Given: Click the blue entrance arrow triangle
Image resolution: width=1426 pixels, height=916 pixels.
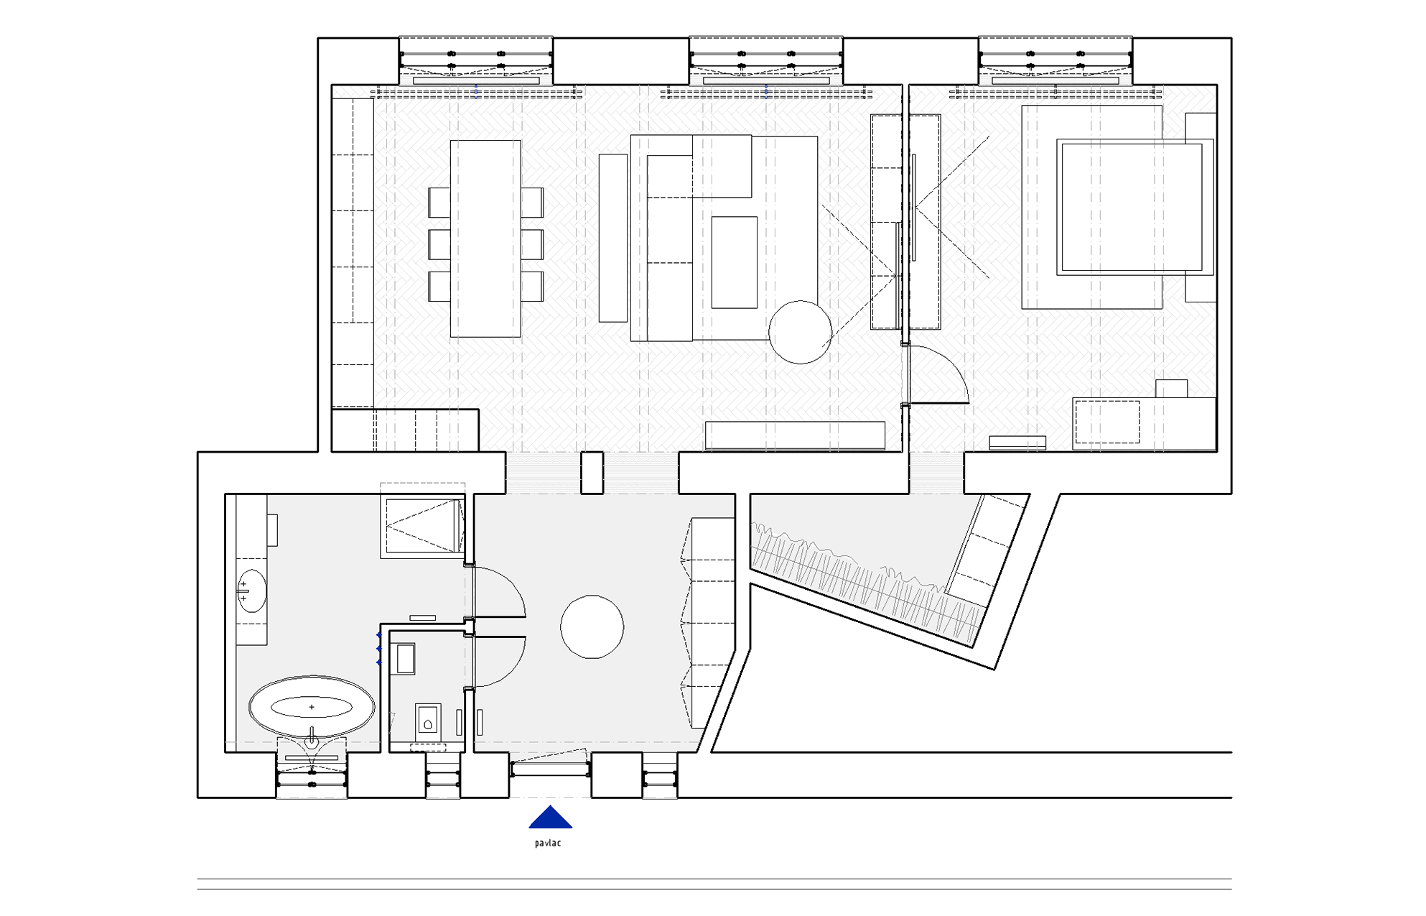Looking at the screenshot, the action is pos(551,818).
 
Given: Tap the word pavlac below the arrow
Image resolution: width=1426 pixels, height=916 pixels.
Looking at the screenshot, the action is pos(548,843).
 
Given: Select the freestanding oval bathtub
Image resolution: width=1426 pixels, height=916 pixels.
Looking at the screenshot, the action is pos(312,707).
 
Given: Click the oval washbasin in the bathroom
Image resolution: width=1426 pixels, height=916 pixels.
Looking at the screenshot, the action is pos(251,591).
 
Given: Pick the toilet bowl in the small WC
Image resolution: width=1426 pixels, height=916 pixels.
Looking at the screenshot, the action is pos(428,721).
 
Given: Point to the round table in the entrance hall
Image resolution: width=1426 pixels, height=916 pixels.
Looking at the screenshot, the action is pos(592,626).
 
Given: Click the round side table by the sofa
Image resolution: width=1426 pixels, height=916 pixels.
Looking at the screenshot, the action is pos(800,332).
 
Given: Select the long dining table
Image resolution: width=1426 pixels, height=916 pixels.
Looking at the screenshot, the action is pos(485,239).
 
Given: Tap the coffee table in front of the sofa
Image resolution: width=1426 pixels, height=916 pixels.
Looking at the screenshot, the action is pos(734,262).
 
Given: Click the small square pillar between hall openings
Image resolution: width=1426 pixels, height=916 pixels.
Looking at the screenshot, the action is pos(592,473).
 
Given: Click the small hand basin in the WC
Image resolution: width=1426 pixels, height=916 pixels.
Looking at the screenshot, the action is pos(406,659).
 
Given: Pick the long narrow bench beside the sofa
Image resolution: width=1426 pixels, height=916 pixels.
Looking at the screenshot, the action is pos(613,238).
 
